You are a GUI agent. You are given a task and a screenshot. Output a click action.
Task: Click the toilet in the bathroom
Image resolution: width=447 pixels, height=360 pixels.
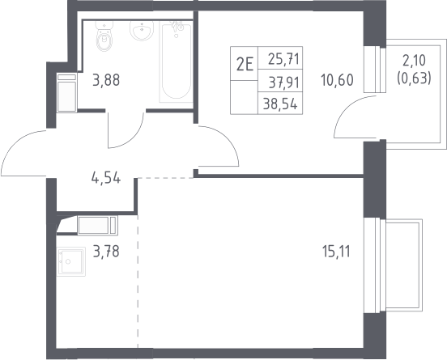tap(104, 36)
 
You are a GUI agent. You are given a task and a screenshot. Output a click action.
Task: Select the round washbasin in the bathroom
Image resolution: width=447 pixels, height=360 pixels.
tap(142, 30)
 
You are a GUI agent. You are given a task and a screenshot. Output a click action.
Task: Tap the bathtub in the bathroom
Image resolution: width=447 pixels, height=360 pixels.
tap(176, 62)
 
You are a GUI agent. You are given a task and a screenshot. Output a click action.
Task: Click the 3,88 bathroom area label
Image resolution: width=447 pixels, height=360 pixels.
tap(106, 80)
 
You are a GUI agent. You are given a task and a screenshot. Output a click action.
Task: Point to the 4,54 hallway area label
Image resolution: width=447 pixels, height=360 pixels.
tap(106, 178)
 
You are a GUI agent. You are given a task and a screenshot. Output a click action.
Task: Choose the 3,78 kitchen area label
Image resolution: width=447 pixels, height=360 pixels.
tap(106, 252)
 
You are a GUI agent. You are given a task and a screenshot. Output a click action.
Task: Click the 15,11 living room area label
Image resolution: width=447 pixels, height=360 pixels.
tap(336, 252)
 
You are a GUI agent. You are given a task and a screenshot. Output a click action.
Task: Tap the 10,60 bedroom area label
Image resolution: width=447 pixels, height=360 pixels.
tap(337, 80)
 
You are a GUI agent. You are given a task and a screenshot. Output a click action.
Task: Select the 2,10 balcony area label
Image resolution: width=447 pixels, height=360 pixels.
tap(414, 60)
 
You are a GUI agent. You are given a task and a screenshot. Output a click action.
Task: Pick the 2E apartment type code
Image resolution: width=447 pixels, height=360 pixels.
tap(245, 65)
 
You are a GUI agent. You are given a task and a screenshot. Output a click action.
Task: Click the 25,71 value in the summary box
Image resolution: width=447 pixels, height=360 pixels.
tap(283, 59)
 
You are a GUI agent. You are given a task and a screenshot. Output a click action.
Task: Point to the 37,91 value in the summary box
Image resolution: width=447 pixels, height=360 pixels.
tap(284, 83)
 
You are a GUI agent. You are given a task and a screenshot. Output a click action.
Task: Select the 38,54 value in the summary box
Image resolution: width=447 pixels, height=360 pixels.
tap(280, 104)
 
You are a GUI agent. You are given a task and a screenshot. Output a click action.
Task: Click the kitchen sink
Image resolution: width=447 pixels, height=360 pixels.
tap(70, 261)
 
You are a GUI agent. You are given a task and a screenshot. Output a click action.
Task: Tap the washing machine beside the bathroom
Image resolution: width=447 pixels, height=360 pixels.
tap(66, 93)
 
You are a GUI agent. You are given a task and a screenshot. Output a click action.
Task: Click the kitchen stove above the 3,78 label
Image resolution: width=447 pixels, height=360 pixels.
tap(97, 225)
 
